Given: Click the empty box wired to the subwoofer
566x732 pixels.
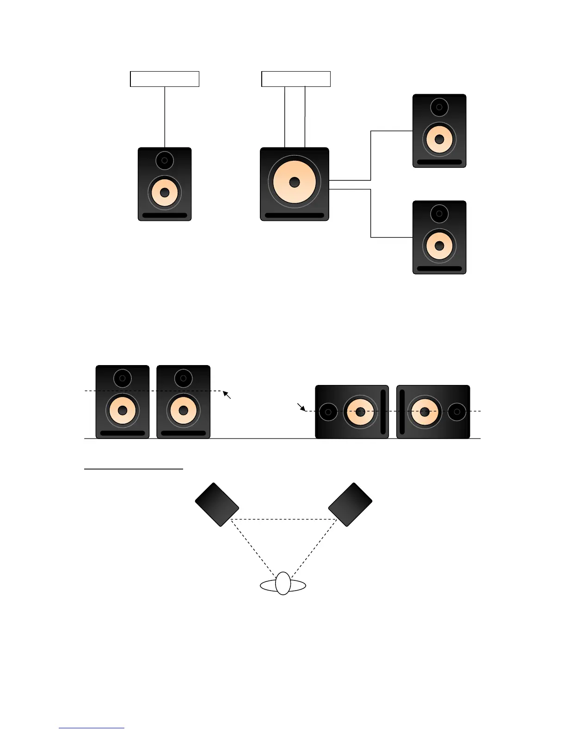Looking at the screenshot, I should tap(296, 79).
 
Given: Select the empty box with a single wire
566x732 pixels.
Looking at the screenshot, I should tap(165, 79).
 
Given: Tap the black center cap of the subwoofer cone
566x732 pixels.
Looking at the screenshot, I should tap(295, 183).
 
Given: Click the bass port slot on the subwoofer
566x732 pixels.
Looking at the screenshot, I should tap(295, 215).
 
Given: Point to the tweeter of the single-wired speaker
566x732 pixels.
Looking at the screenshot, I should tap(165, 160).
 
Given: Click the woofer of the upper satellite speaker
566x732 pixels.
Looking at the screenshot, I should tap(439, 139).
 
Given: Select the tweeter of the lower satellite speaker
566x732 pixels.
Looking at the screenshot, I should tap(439, 213).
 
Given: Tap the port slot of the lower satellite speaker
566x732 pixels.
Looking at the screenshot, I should tap(439, 268).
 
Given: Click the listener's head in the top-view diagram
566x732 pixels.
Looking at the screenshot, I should tap(283, 583).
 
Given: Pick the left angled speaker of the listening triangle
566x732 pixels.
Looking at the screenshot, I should tap(217, 505).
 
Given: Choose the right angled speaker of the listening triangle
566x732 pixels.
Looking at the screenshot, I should tap(350, 505).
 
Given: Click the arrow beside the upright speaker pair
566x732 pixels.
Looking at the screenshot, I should tap(227, 395).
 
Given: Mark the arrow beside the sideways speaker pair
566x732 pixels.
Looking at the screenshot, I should tap(301, 407).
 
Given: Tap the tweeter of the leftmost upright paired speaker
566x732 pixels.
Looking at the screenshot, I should tap(123, 378).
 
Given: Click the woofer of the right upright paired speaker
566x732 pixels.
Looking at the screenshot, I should tap(184, 410).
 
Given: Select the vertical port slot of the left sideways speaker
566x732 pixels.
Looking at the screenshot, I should tap(383, 412).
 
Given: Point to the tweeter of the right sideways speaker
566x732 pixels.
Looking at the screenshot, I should tap(457, 412).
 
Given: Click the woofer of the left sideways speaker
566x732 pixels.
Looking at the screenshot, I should tap(360, 412).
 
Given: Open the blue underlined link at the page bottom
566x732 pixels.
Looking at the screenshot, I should tap(92, 727).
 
